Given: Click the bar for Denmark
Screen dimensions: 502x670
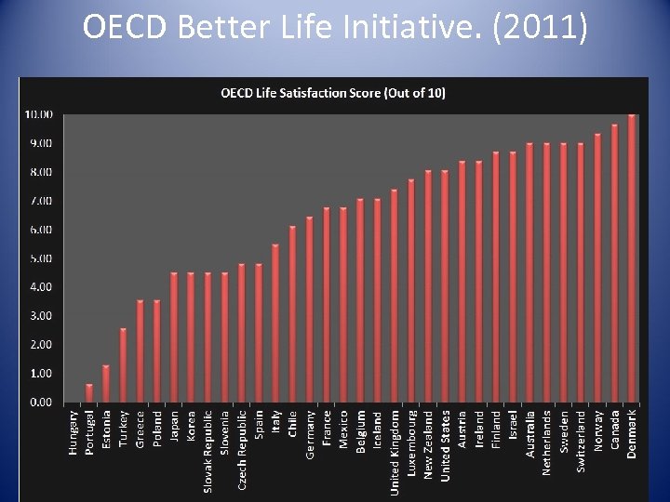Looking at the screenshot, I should pyautogui.click(x=632, y=259).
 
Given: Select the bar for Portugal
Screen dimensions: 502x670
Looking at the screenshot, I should pyautogui.click(x=89, y=393).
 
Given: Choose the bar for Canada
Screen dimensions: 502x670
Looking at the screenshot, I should pyautogui.click(x=615, y=264).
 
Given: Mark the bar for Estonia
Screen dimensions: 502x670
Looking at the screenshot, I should pyautogui.click(x=106, y=384).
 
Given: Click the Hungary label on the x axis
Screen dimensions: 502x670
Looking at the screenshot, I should pyautogui.click(x=73, y=432).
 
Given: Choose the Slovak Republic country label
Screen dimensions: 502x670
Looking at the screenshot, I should pyautogui.click(x=208, y=450).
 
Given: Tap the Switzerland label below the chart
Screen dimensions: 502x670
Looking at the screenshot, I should pyautogui.click(x=581, y=442).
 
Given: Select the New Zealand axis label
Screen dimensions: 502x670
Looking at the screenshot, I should pyautogui.click(x=428, y=444).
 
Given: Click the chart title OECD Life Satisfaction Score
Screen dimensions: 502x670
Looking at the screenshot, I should pyautogui.click(x=332, y=94).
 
